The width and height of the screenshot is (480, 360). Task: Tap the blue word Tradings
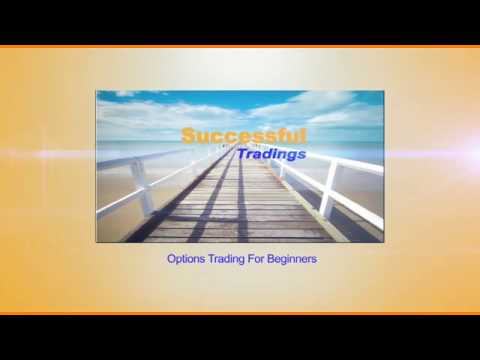(271, 155)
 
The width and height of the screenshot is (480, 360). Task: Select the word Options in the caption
(185, 259)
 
